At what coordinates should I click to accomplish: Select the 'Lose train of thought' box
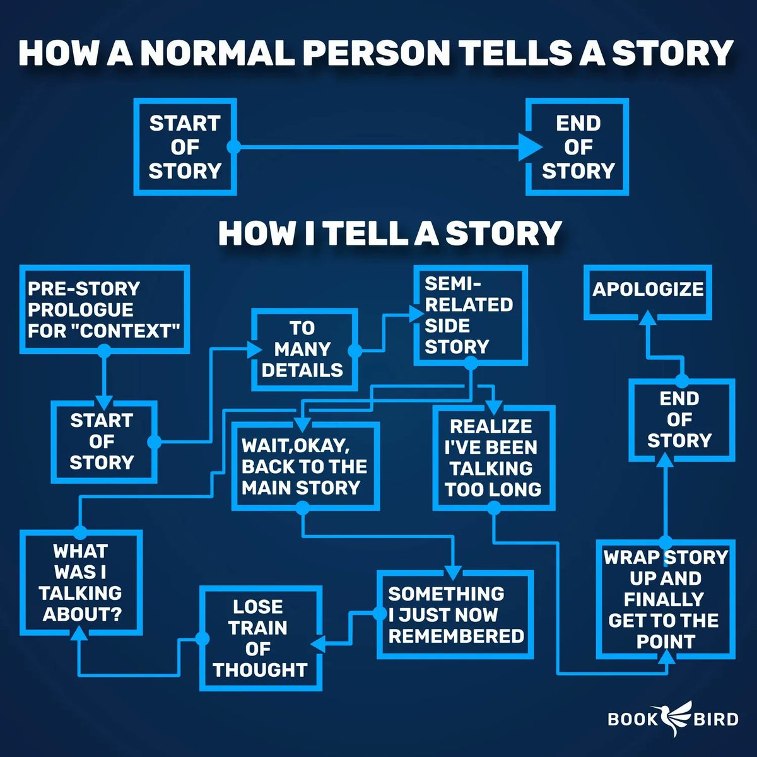coord(261,638)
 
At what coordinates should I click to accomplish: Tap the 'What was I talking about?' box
coord(81,582)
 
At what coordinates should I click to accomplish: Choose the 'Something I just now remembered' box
coord(455,614)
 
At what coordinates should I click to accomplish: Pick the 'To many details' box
coord(303,349)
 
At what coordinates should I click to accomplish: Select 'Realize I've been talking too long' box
coord(493,457)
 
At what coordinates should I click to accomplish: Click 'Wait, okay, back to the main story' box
coord(305,466)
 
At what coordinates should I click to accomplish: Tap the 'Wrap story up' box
coord(666,599)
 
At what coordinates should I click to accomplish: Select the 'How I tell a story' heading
coord(389,233)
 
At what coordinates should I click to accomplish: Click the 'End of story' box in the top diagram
coord(578,147)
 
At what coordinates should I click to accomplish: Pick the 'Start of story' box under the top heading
coord(185,147)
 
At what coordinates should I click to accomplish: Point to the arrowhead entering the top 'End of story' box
coord(531,147)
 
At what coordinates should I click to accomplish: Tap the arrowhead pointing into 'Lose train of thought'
coord(315,643)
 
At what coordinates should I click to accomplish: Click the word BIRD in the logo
coord(717,719)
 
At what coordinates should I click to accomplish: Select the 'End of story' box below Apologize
coord(680,420)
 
